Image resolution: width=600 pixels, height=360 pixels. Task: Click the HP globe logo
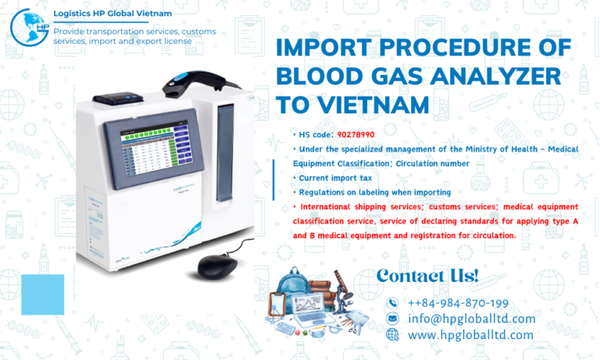[x=28, y=27]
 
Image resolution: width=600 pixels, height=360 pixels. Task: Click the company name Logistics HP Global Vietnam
[x=112, y=14]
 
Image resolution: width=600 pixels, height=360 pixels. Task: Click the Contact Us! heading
[x=427, y=276]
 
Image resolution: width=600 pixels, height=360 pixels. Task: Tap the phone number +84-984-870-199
[x=458, y=303]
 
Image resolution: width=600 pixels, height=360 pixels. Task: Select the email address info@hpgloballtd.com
[x=471, y=319]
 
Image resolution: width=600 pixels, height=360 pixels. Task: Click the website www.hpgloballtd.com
[x=470, y=334]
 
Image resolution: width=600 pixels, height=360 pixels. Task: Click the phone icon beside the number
[x=393, y=303]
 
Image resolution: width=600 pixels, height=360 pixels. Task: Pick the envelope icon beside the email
[x=393, y=319]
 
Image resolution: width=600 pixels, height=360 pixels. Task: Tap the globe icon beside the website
[x=393, y=334]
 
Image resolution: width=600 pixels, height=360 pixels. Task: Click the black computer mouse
[x=218, y=266]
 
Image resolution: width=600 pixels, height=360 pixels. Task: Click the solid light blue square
[x=42, y=294]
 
